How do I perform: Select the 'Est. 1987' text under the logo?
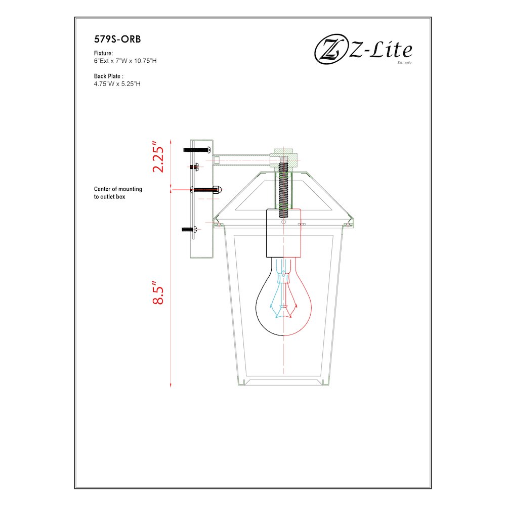coord(405,63)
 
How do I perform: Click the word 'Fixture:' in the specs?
coord(103,53)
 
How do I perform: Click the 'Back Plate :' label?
coord(109,76)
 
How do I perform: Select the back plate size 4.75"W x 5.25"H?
coord(117,83)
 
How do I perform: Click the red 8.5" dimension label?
coord(159,293)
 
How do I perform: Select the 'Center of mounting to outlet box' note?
coord(118,193)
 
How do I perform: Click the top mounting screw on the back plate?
coord(197,149)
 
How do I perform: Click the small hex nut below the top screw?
coord(193,166)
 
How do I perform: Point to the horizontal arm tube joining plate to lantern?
coord(243,160)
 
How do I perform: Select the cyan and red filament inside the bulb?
coord(284,299)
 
